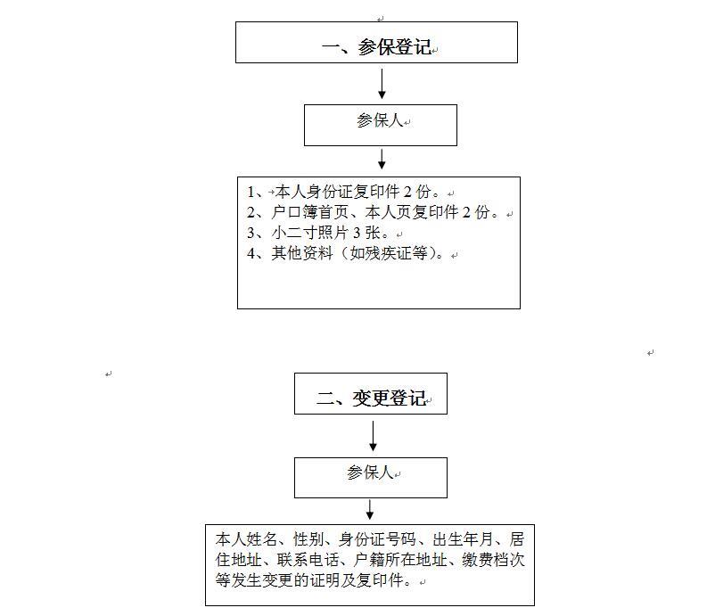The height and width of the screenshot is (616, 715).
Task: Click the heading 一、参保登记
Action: point(376,47)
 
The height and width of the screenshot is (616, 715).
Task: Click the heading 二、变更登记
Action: point(371,398)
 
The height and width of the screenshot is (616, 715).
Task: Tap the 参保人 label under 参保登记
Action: point(380,121)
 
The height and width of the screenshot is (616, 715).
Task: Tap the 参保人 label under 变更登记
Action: point(370,472)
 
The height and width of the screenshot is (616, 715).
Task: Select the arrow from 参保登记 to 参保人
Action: point(382,84)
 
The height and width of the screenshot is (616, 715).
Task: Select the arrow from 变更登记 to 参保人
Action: point(373,436)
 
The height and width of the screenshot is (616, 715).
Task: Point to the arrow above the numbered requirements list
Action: point(382,160)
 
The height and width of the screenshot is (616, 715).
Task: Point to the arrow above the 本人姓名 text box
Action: point(370,510)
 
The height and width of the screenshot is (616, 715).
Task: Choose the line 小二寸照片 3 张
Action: point(319,233)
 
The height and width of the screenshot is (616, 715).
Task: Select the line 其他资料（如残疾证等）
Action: point(346,253)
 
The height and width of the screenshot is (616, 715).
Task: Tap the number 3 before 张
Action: point(357,233)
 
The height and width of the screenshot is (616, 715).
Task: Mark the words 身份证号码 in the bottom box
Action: point(377,540)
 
